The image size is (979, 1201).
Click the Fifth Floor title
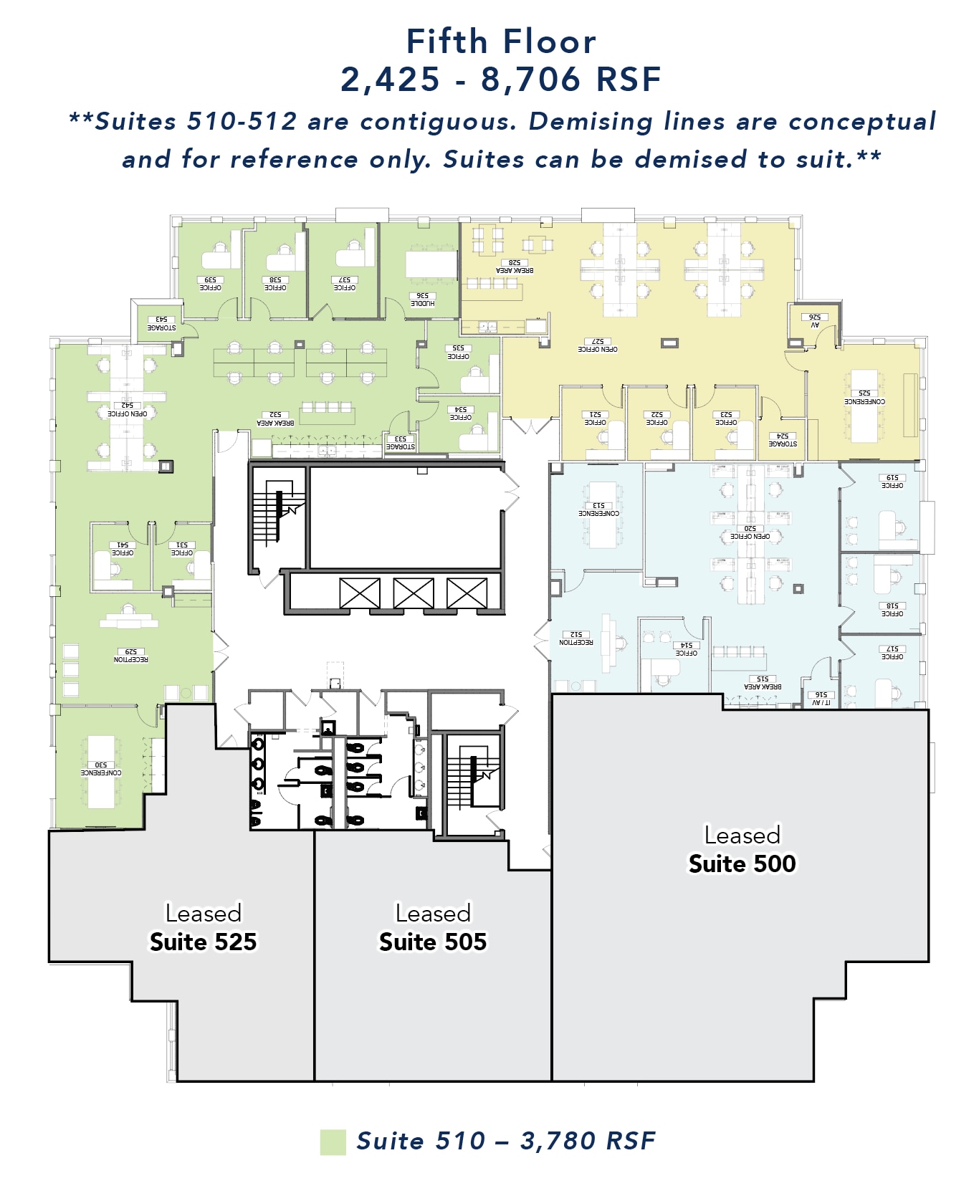pos(501,42)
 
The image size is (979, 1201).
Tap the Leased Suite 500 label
pos(742,850)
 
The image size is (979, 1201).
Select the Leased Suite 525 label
pos(203,928)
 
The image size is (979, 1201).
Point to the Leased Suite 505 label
pos(433,928)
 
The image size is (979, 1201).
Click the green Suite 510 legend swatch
pos(333,1142)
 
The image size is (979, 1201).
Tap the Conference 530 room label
pos(101,769)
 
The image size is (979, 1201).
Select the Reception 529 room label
pos(131,656)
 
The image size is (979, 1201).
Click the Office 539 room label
pos(210,284)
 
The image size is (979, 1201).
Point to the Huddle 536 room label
pos(423,300)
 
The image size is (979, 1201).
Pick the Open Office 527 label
pos(597,345)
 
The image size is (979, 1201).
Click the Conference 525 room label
pos(864,398)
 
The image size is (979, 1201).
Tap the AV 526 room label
pos(815,320)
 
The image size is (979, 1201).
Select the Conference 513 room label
pos(598,509)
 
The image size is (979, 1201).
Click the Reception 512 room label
pos(576,638)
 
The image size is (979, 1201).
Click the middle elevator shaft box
pos(414,593)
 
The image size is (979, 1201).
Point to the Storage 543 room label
pos(161,324)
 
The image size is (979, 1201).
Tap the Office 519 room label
pos(892,482)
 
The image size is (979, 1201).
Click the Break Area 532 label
pos(275,418)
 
